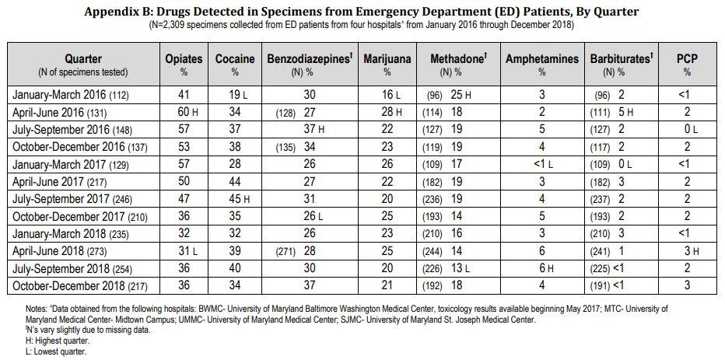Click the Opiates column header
click(x=184, y=59)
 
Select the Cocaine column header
click(x=235, y=59)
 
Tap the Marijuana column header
click(x=387, y=59)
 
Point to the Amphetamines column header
click(x=542, y=59)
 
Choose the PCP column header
click(x=687, y=59)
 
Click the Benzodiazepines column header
click(x=310, y=59)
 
